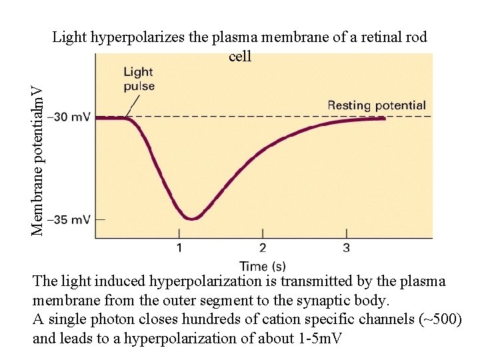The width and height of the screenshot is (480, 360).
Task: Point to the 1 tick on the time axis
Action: (x=179, y=249)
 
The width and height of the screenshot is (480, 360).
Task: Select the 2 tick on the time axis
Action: (x=262, y=249)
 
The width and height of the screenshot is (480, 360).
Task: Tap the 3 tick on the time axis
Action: (x=346, y=249)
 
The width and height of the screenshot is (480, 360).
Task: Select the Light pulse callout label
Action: (x=139, y=79)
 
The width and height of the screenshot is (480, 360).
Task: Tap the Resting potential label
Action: (x=377, y=105)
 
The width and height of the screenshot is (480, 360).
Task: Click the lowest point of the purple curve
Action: (x=192, y=217)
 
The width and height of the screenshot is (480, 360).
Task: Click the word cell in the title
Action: (x=240, y=57)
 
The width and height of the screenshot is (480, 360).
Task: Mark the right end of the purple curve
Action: (x=384, y=119)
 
